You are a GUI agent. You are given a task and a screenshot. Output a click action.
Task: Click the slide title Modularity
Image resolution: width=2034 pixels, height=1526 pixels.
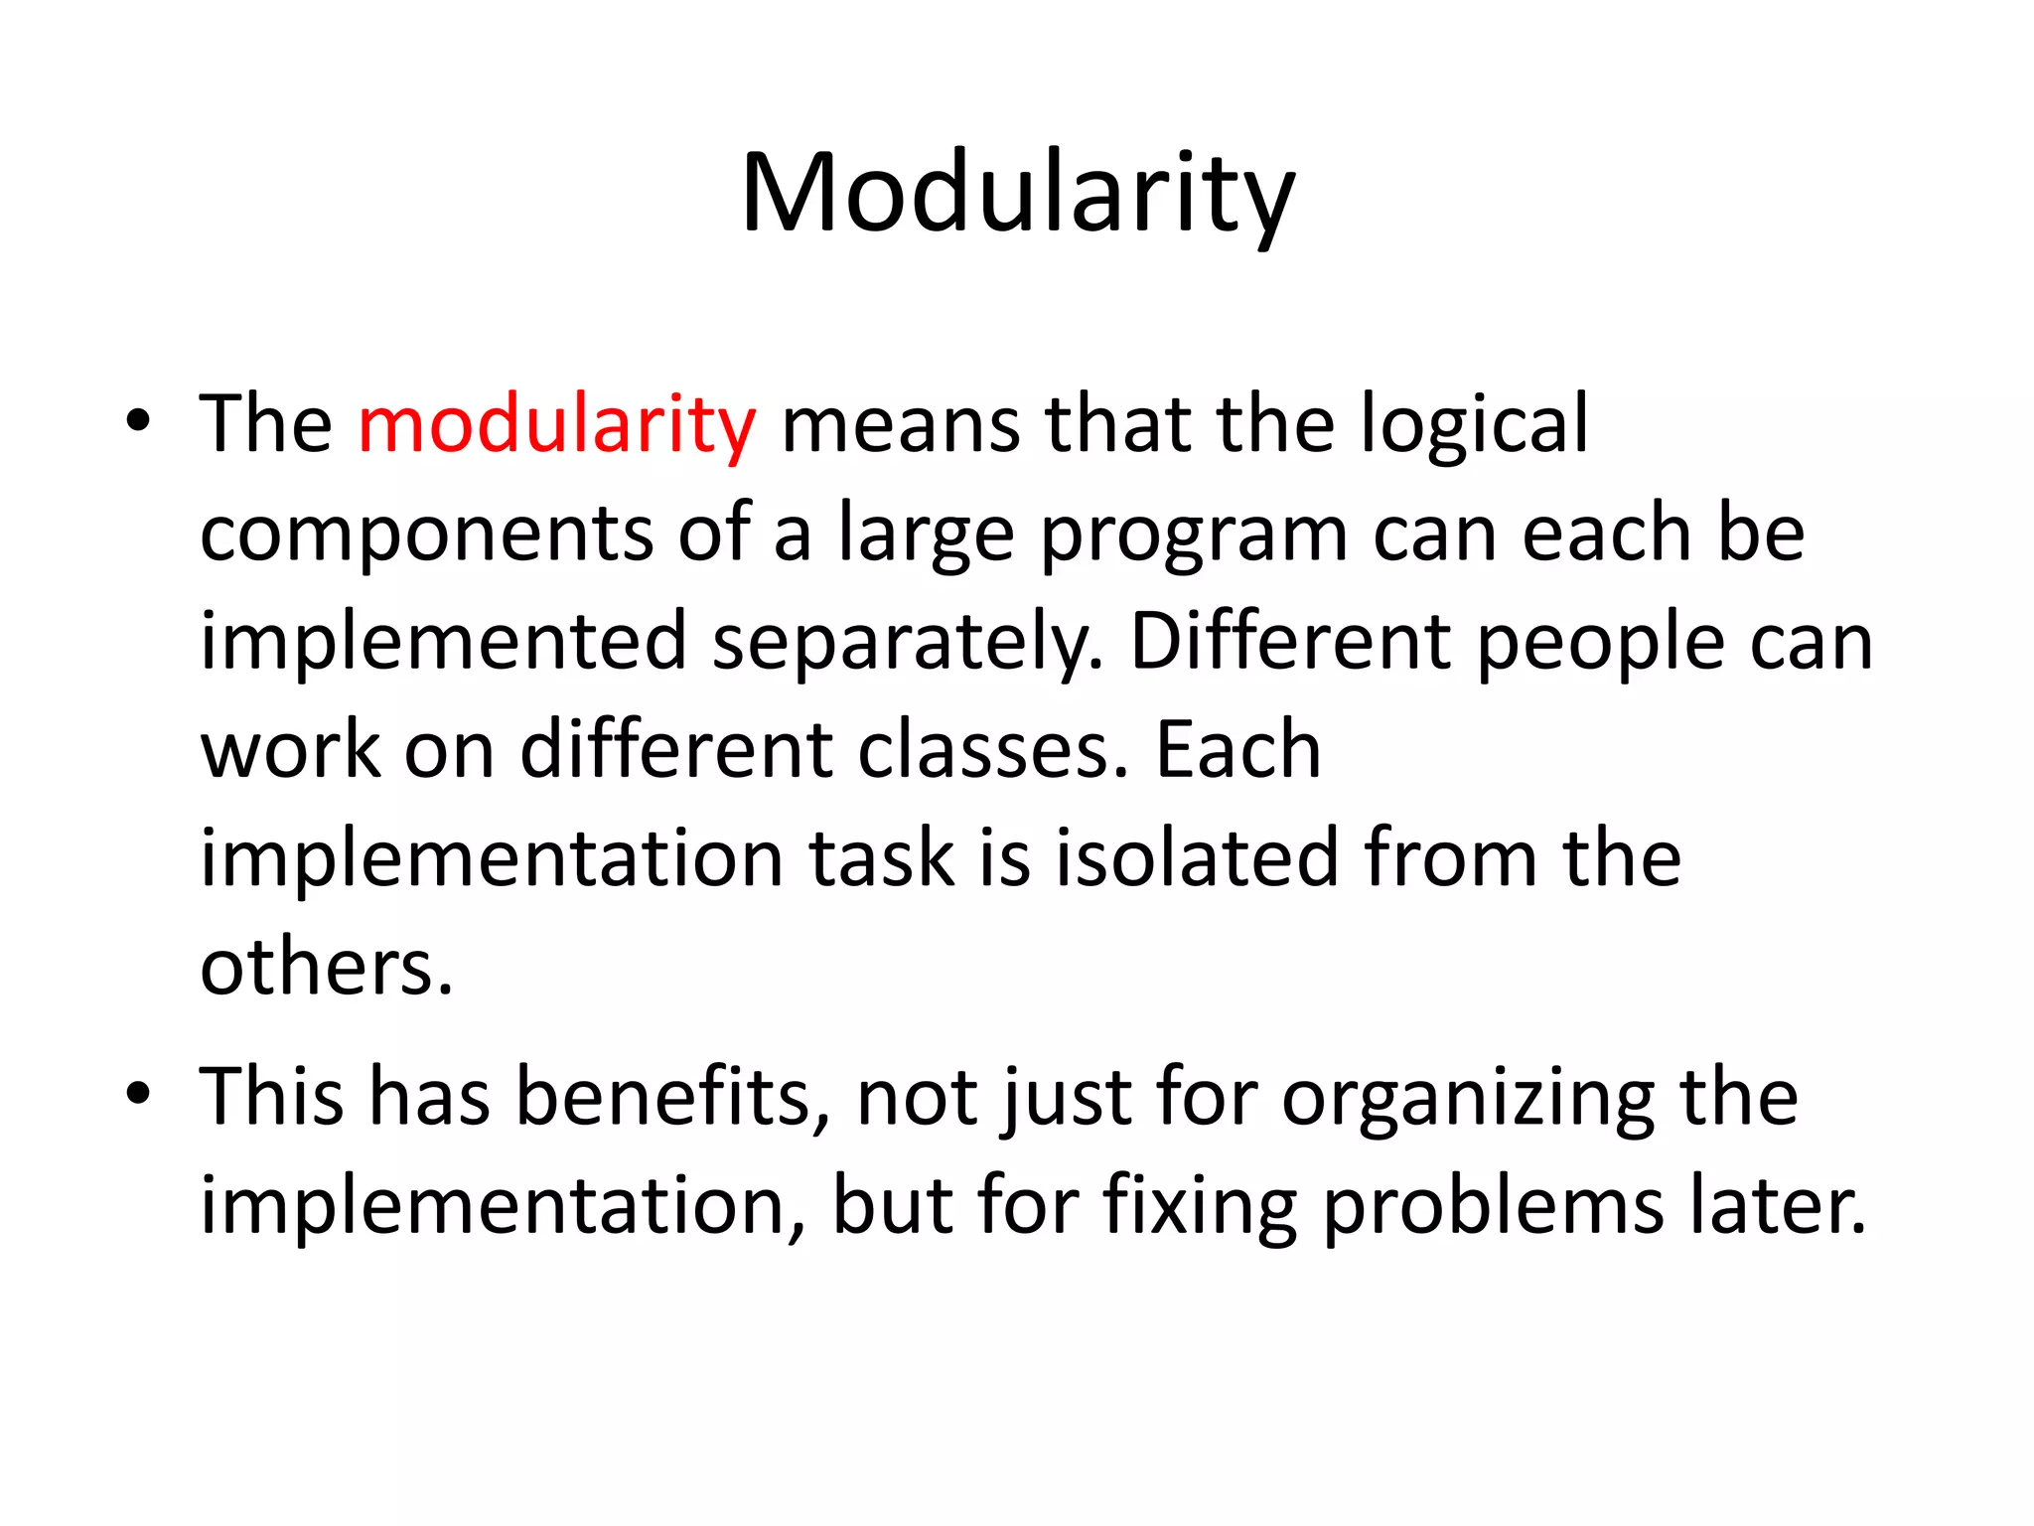point(1017,194)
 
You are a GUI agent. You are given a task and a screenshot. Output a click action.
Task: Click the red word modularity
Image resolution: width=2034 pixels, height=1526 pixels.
point(556,425)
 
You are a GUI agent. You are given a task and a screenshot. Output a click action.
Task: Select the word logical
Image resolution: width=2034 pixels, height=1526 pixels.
point(1474,425)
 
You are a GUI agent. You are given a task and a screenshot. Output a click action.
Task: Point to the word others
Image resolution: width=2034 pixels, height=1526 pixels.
point(326,967)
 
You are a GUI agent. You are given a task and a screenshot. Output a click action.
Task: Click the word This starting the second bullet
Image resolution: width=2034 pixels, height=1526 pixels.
point(271,1097)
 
